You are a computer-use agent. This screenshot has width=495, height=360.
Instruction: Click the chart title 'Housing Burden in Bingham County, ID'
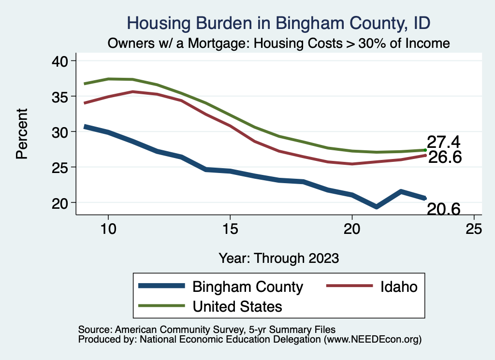tap(278, 23)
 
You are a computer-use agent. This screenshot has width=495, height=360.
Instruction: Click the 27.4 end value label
tap(443, 143)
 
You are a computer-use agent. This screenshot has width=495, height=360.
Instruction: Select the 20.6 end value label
tap(443, 209)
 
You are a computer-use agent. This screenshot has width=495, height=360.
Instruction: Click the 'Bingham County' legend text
tap(247, 287)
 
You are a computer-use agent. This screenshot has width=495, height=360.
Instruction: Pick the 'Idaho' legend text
tap(398, 287)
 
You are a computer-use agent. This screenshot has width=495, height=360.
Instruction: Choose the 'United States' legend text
tap(237, 306)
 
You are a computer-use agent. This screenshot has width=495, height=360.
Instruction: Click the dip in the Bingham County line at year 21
tap(376, 207)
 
